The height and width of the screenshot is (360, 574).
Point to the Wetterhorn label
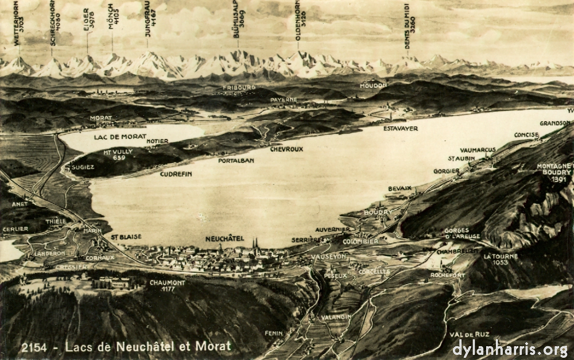click(x=18, y=23)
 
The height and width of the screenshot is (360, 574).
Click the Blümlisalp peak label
click(x=238, y=24)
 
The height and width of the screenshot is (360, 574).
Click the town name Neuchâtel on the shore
click(x=224, y=238)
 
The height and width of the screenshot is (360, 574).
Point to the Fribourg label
click(x=239, y=87)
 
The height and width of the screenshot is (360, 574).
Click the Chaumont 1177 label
click(x=167, y=285)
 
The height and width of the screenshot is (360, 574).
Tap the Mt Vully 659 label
click(x=119, y=154)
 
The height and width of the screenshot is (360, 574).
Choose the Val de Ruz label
click(x=469, y=334)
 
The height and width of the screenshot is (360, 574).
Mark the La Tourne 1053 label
click(x=500, y=259)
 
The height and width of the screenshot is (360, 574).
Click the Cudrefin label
click(x=176, y=173)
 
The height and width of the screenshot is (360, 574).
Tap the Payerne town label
click(x=284, y=99)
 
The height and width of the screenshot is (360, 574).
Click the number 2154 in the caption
click(x=33, y=347)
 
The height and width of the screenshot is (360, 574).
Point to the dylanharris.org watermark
click(x=510, y=348)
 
